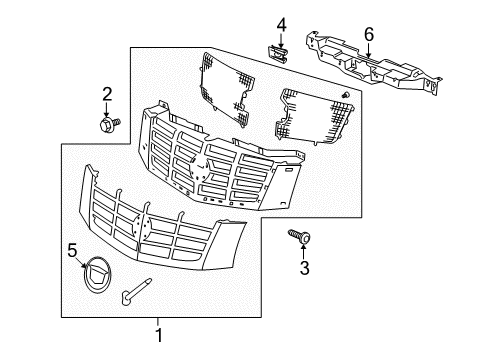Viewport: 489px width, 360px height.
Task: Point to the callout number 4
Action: tap(281, 24)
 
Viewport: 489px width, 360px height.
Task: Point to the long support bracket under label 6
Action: tap(377, 70)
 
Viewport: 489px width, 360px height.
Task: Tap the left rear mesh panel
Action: tap(234, 85)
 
